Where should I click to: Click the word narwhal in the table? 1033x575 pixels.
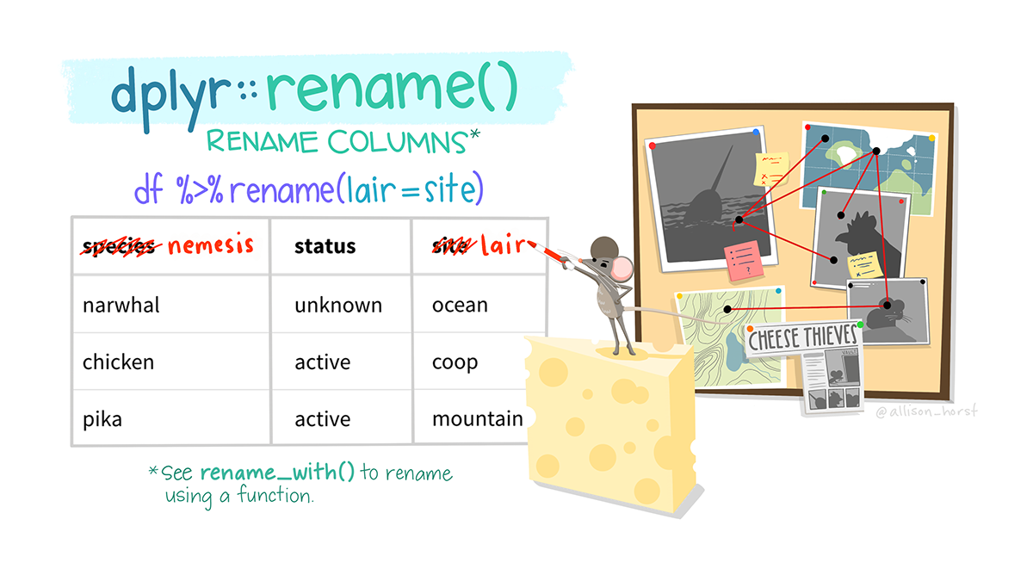tap(121, 305)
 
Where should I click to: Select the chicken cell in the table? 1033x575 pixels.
tap(118, 362)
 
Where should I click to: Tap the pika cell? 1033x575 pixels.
tap(102, 420)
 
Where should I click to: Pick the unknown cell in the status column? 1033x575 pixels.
tap(338, 305)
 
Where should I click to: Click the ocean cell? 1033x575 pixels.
tap(460, 305)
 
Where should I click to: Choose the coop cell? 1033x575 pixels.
tap(455, 362)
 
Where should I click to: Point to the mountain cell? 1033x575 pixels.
tap(478, 420)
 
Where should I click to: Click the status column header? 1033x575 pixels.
tap(325, 247)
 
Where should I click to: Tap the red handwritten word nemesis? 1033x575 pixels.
tap(210, 246)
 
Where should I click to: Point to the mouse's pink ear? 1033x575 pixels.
tap(625, 268)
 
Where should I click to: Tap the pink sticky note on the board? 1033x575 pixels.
tap(743, 263)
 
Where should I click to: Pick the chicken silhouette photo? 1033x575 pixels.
tap(857, 234)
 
